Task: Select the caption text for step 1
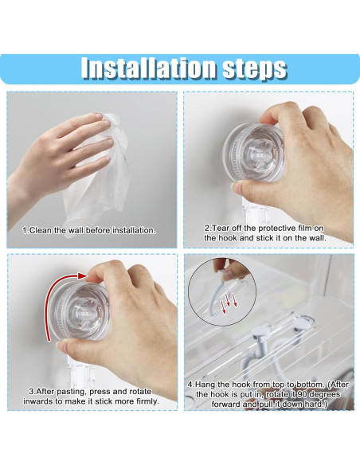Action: tap(89, 230)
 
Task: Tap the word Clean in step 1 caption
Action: tap(40, 230)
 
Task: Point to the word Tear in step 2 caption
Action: tap(221, 227)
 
